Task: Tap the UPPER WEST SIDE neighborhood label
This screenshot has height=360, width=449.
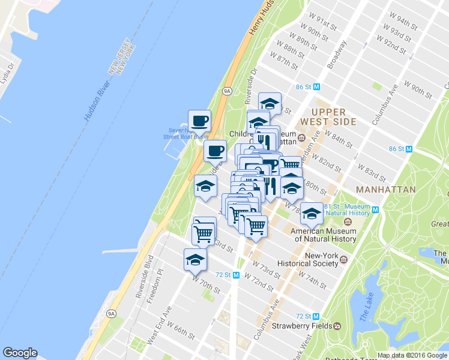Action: coord(329,116)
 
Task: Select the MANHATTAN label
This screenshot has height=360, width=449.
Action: coord(385,190)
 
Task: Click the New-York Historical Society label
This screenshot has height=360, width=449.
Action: coord(322,260)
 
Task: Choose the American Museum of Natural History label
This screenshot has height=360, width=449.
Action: coord(324,235)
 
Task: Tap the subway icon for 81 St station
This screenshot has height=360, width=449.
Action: coord(376,209)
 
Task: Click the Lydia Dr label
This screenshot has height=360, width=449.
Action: coord(7,76)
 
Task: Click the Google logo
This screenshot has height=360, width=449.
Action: coord(20,353)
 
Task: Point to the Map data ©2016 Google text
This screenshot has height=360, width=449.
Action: coord(412,355)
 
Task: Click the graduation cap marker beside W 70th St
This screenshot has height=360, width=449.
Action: coord(195,260)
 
